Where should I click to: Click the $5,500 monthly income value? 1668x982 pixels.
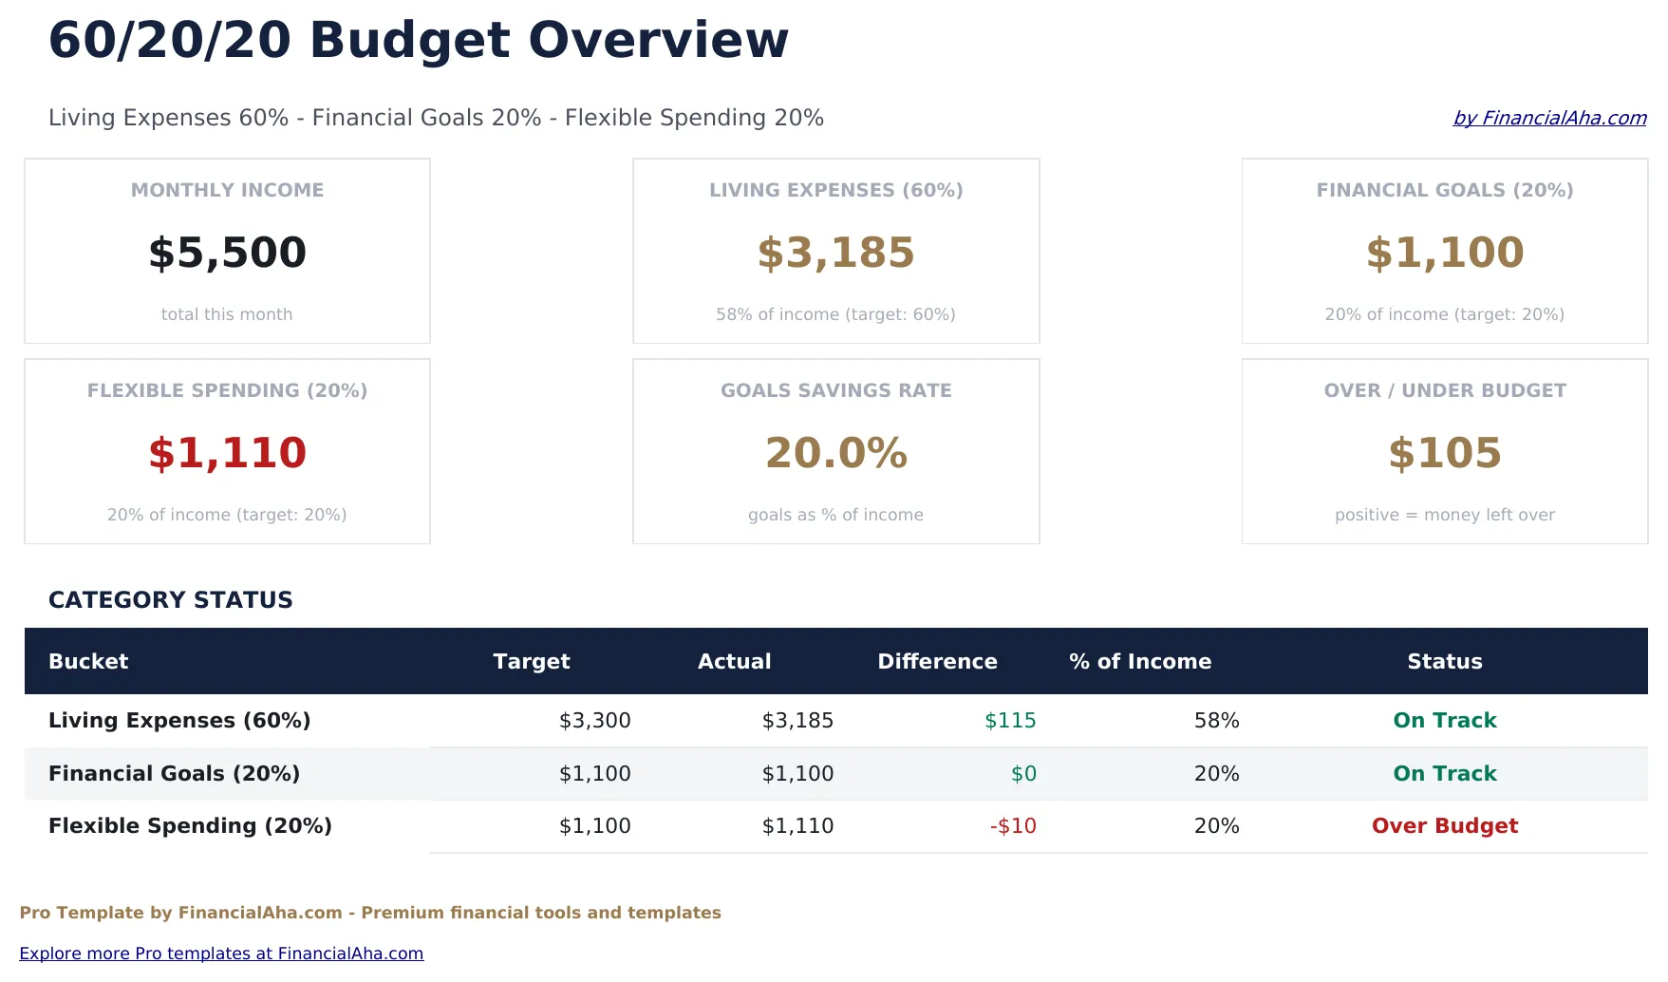pos(227,253)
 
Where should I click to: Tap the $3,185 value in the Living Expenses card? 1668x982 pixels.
pos(835,253)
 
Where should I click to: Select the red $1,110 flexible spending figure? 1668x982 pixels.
pos(227,453)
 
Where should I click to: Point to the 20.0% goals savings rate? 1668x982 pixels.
pos(835,453)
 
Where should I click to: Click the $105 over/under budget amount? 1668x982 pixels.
pos(1444,453)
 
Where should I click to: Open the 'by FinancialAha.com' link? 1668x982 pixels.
pos(1549,118)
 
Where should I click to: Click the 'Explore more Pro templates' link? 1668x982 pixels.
pos(221,954)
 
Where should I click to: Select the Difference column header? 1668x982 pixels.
pos(937,661)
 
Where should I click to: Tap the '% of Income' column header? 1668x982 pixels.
pos(1139,661)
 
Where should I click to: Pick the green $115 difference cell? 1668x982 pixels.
pos(1010,721)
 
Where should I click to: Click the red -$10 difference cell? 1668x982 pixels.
pos(1013,826)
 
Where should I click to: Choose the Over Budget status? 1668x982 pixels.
pos(1444,826)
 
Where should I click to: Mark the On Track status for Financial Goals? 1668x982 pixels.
pos(1444,774)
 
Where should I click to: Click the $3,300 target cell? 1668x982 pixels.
pos(594,721)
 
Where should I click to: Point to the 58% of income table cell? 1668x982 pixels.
pos(1216,721)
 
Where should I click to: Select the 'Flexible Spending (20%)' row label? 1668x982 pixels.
pos(190,826)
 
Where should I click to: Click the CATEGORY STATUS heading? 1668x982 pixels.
pos(171,600)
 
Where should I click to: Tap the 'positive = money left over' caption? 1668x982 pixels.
pos(1444,515)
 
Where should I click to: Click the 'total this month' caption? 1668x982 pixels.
pos(227,314)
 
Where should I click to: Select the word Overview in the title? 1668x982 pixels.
pos(658,41)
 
